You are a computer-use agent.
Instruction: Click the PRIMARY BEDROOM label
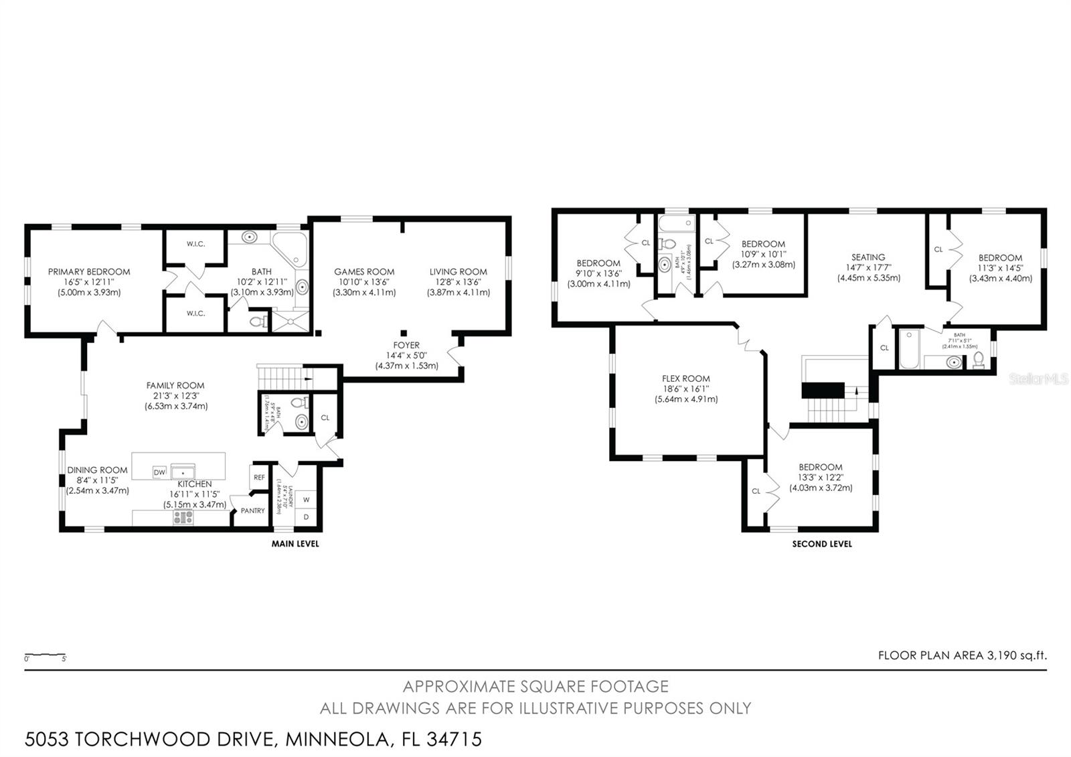[x=89, y=271]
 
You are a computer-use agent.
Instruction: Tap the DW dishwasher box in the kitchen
[x=159, y=472]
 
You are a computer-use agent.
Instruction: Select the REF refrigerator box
[x=259, y=478]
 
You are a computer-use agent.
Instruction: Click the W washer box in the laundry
[x=307, y=500]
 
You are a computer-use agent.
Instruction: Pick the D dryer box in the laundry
[x=307, y=517]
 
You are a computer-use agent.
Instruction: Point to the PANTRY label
[x=252, y=510]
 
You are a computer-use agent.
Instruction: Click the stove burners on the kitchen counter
[x=183, y=517]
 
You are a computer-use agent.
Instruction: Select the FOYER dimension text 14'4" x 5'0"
[x=406, y=356]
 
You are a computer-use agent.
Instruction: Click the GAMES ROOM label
[x=364, y=271]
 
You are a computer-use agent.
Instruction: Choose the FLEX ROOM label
[x=686, y=378]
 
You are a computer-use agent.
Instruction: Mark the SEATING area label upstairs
[x=868, y=257]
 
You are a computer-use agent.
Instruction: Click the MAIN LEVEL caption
[x=295, y=543]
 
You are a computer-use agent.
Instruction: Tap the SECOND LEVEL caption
[x=822, y=544]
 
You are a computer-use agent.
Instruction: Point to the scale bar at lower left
[x=45, y=655]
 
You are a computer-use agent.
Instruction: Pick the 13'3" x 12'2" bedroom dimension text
[x=820, y=478]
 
